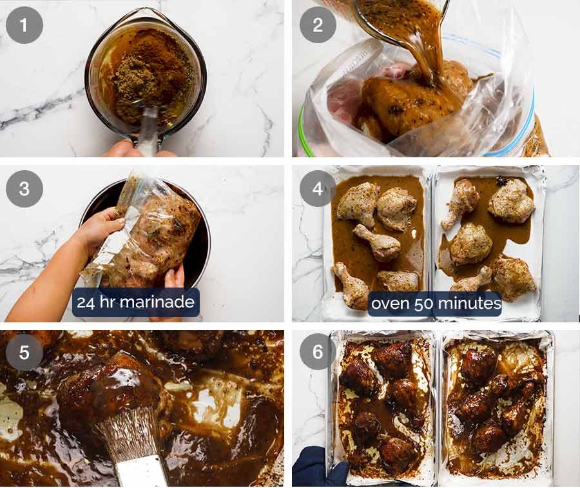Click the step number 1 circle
coord(24,25)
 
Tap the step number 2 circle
coord(318,25)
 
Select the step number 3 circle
coord(24,188)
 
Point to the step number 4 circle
coord(318,188)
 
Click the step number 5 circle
coord(24,352)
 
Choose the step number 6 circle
coord(318,352)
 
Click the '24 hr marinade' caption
coord(135,302)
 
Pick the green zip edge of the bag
coord(303,139)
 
